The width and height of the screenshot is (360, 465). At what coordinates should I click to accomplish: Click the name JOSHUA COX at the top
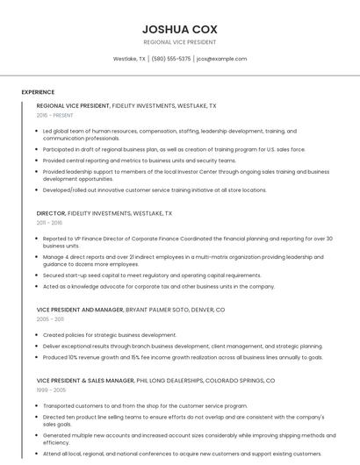[179, 29]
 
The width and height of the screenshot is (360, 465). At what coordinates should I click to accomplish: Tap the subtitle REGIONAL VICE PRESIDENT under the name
[179, 42]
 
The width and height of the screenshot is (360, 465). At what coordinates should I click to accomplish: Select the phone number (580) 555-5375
[171, 59]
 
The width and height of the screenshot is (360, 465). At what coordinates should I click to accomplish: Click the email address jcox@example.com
[221, 59]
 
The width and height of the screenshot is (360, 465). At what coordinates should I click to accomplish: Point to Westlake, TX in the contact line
[129, 59]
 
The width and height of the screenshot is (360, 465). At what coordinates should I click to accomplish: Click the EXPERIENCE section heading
[38, 92]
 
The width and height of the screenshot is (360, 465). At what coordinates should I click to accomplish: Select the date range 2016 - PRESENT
[55, 115]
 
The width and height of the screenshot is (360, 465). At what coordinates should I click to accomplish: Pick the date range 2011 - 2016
[50, 223]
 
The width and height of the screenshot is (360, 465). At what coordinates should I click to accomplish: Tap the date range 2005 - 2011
[50, 319]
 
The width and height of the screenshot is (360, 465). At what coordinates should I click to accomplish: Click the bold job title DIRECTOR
[51, 213]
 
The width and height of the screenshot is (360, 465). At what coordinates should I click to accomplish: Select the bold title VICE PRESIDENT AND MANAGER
[80, 310]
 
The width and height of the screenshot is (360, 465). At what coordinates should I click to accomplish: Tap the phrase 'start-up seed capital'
[100, 275]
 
